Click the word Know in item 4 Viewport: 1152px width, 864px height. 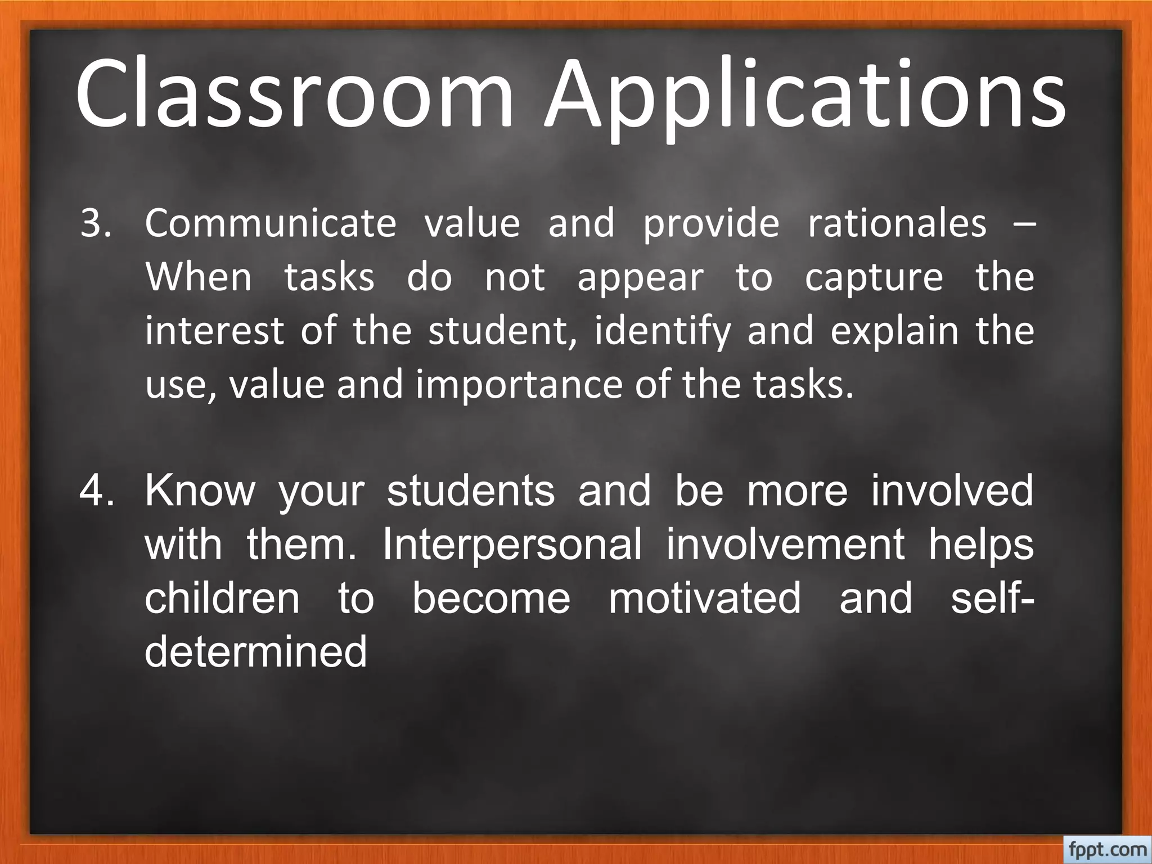click(200, 490)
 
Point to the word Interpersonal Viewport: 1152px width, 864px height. click(512, 544)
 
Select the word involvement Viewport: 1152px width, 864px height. click(785, 544)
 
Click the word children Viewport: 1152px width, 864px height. click(222, 598)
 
